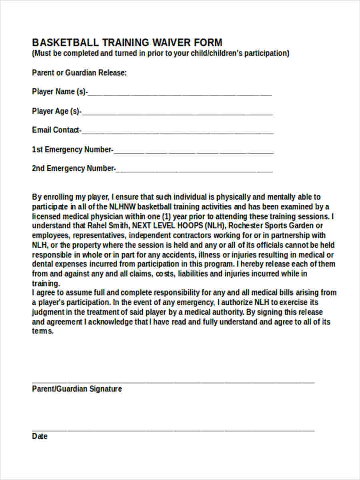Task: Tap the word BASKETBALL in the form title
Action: [65, 42]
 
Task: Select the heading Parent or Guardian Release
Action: [79, 73]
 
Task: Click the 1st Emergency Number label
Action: [72, 150]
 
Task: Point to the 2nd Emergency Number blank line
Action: [194, 171]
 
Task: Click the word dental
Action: [42, 264]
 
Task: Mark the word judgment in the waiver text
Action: [48, 312]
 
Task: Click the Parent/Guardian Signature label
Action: [77, 389]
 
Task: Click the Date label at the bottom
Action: [40, 436]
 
